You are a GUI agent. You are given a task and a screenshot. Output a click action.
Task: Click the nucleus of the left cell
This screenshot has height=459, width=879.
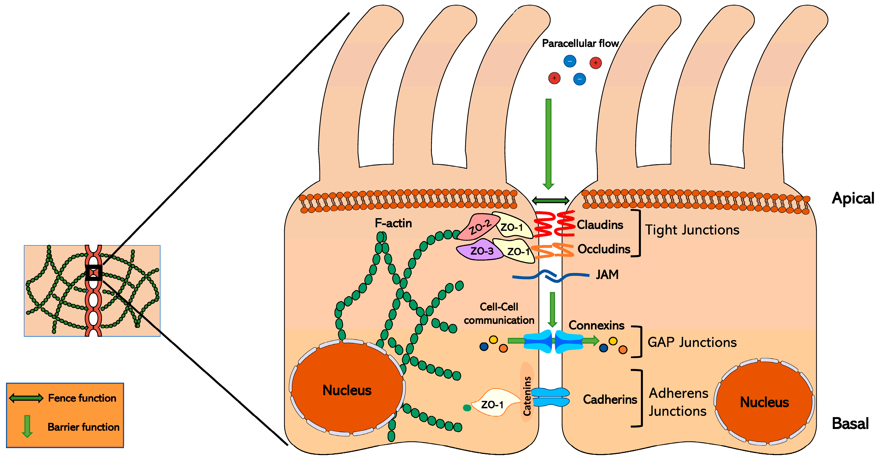(x=347, y=390)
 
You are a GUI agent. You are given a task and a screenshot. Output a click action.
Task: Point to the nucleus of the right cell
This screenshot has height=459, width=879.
(x=764, y=402)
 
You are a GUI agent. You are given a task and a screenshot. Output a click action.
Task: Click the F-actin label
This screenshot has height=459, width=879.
(x=393, y=223)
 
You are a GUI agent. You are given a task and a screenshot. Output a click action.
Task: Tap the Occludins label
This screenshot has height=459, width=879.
(x=604, y=249)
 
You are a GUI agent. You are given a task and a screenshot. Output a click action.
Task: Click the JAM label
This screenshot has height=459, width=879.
(x=607, y=275)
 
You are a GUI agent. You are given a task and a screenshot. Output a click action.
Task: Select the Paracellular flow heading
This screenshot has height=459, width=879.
(x=580, y=43)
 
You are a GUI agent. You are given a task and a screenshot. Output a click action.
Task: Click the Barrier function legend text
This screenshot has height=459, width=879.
(x=83, y=427)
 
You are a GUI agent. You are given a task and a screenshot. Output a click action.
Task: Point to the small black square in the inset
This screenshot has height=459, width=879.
(x=93, y=272)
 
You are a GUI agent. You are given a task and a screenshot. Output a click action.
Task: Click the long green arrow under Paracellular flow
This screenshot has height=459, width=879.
(x=548, y=143)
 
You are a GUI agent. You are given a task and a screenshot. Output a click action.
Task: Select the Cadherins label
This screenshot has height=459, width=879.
(x=610, y=399)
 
